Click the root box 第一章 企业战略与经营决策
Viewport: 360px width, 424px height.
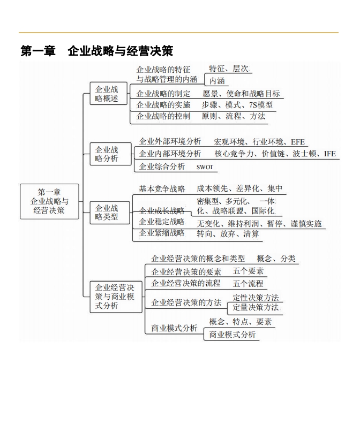tap(49, 201)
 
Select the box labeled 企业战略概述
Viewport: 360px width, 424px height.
tap(109, 94)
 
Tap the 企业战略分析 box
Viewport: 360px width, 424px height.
tap(111, 154)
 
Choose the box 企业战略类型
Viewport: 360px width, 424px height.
tap(110, 213)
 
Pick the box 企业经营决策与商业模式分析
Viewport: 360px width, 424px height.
tap(116, 297)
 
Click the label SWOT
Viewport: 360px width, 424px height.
tap(205, 167)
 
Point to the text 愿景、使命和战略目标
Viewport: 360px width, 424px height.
tap(241, 94)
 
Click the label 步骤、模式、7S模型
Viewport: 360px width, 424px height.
tap(237, 104)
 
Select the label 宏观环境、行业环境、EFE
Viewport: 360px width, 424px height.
tap(259, 142)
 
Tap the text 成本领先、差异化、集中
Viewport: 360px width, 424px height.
tap(239, 188)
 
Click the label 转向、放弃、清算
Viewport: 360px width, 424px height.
tap(228, 233)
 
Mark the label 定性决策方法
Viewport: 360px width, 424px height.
tap(256, 298)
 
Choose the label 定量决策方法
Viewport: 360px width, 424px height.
tap(256, 307)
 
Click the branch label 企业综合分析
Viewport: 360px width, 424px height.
tap(162, 166)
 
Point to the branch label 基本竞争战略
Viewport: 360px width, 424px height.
tap(162, 189)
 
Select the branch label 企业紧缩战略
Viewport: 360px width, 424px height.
tap(162, 232)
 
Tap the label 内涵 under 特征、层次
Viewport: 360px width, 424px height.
tap(217, 81)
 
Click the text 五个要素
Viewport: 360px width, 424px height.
tap(248, 271)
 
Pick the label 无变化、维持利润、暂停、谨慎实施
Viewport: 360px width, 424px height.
tap(259, 224)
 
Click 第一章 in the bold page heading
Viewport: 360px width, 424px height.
tap(38, 51)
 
